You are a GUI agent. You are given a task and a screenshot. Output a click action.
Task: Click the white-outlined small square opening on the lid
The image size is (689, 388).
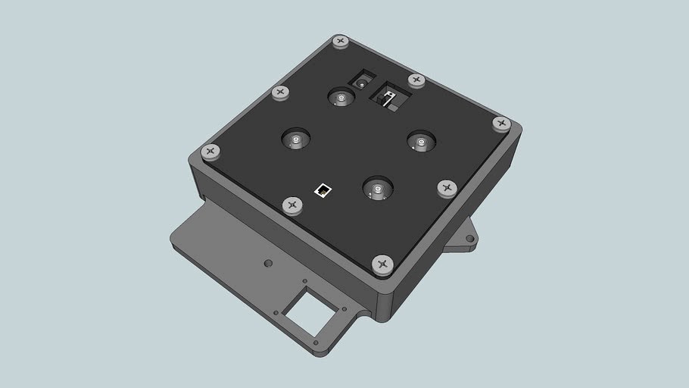pos(323,189)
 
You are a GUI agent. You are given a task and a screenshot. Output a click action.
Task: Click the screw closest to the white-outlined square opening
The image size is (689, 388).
pos(292,205)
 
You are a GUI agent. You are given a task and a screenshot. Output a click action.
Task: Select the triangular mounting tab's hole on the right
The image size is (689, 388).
pos(469,239)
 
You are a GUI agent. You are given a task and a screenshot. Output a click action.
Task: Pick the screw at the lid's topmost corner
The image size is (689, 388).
pos(340,41)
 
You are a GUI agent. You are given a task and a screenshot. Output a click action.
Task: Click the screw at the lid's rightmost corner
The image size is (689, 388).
pos(500,123)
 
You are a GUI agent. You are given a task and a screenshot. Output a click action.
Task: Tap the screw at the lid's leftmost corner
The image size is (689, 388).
pos(210,152)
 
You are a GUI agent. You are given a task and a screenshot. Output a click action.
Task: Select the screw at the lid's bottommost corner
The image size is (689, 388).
pos(382,264)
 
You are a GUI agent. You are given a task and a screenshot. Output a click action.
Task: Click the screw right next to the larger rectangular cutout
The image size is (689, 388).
pos(416,80)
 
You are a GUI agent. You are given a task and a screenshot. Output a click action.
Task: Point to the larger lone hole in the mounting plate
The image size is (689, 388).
pos(267,264)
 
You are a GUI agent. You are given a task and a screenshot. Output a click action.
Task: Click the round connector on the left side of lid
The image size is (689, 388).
pos(295,139)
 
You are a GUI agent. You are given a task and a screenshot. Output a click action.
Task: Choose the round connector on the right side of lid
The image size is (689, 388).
pos(420,140)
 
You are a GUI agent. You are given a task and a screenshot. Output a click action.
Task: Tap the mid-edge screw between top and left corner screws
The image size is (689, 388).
pos(281,92)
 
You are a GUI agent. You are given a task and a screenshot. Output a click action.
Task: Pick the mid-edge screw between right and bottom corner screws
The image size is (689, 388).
pos(447,186)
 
